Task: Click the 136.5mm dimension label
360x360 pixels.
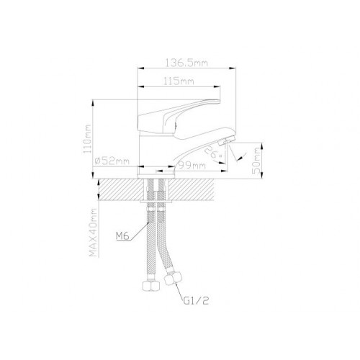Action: click(186, 63)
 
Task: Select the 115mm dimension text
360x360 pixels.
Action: click(179, 81)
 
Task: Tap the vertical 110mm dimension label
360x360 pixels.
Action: click(87, 139)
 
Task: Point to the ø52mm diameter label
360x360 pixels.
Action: click(112, 161)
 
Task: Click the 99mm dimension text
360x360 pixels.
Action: click(192, 166)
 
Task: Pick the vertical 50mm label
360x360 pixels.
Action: click(256, 161)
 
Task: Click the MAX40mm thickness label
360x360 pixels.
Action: click(94, 233)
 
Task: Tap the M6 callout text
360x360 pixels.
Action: click(122, 236)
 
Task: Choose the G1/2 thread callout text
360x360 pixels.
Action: click(196, 301)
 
